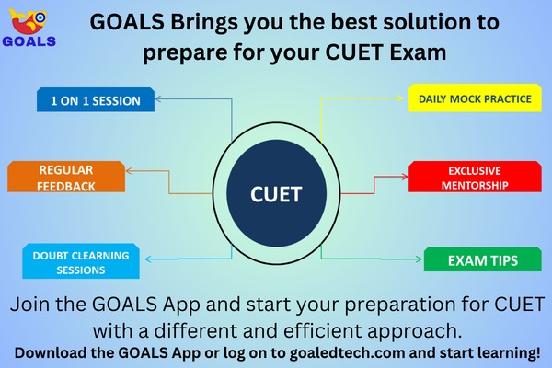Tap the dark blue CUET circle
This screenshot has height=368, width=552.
pos(276,194)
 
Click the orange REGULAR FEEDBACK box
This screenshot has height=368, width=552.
pos(66,178)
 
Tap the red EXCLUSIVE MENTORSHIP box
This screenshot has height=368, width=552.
pos(472,178)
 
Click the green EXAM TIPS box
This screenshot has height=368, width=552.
pos(482,260)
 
